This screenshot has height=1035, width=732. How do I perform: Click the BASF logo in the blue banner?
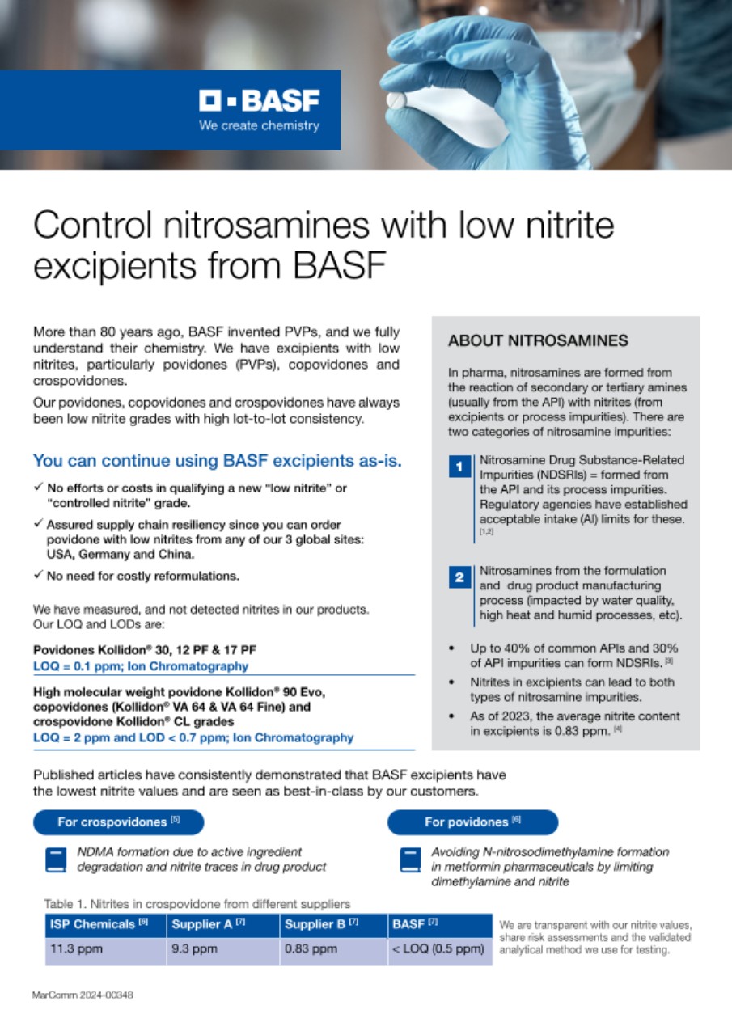tap(259, 101)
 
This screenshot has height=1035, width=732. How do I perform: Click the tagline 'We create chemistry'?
tap(259, 126)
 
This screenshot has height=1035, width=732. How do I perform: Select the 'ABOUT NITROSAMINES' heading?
tap(538, 340)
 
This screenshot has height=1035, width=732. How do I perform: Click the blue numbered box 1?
tap(459, 467)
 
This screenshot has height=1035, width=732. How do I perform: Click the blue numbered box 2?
tap(459, 577)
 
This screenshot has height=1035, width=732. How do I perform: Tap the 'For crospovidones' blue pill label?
tap(118, 822)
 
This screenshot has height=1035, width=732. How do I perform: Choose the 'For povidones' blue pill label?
tap(472, 822)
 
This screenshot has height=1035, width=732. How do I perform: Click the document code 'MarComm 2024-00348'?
tap(83, 995)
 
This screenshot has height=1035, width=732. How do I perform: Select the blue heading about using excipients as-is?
tap(218, 461)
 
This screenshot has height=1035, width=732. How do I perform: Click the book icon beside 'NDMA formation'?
tap(55, 859)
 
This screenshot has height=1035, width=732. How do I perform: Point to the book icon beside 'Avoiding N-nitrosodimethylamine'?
tap(411, 859)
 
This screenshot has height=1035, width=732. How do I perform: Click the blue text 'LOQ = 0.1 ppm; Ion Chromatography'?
tap(141, 666)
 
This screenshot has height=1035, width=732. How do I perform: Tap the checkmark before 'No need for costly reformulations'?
tap(38, 576)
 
